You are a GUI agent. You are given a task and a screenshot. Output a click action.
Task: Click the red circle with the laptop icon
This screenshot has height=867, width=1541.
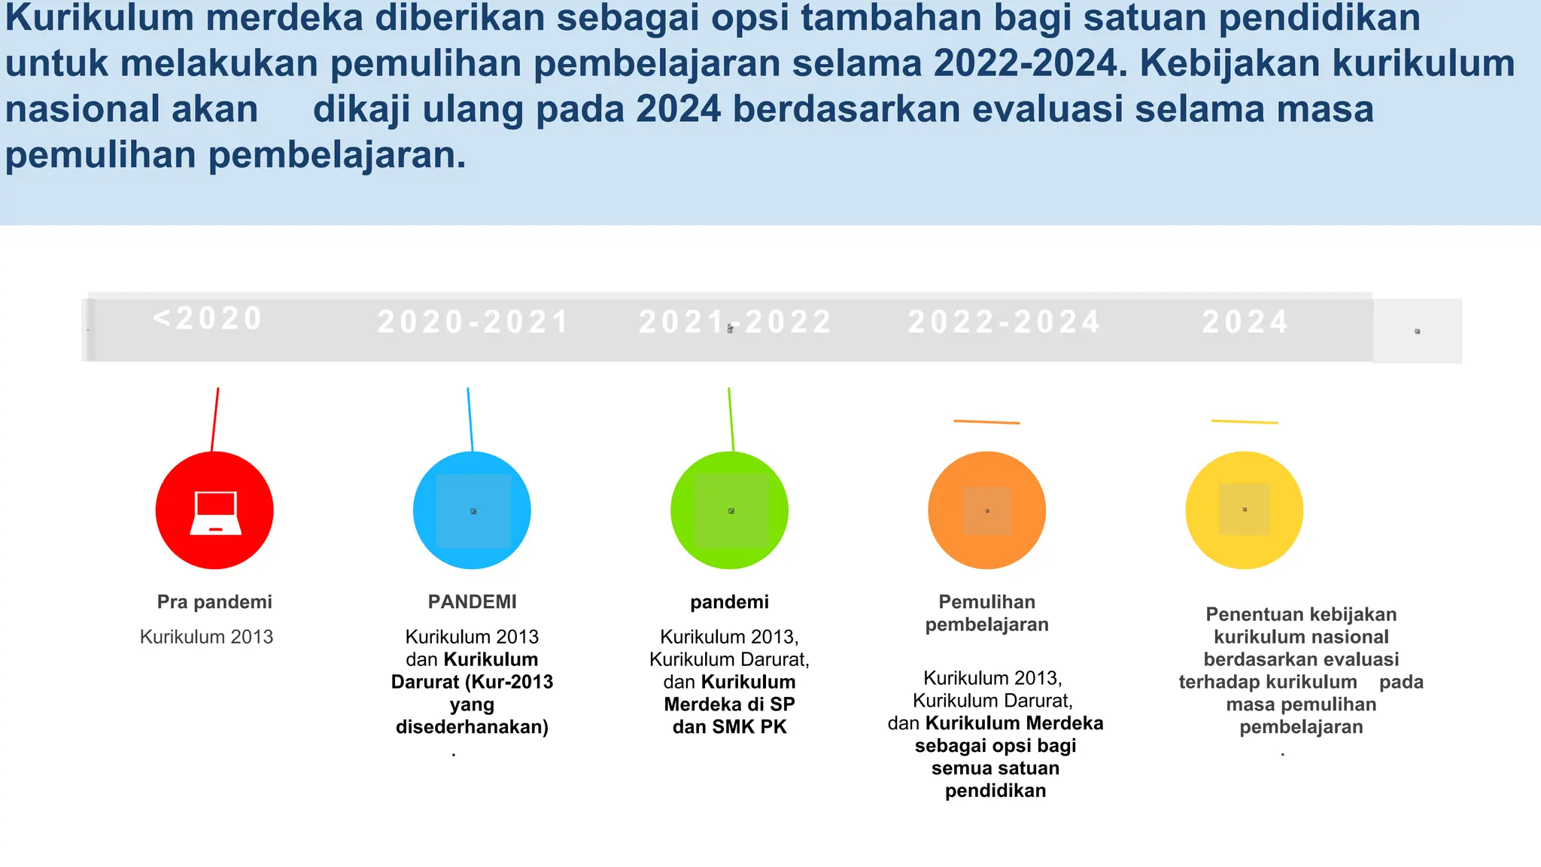[214, 510]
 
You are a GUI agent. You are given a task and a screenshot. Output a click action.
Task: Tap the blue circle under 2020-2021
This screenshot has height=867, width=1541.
[472, 510]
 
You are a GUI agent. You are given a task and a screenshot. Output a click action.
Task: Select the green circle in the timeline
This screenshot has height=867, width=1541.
[729, 510]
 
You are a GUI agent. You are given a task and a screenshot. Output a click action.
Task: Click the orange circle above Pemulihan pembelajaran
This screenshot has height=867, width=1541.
[986, 510]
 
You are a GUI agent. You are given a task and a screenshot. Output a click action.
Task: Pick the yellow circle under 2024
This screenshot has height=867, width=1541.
[1244, 510]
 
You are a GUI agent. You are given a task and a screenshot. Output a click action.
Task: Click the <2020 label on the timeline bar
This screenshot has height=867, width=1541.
[208, 318]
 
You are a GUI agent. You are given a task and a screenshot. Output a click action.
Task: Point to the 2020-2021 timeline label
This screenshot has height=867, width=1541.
[473, 322]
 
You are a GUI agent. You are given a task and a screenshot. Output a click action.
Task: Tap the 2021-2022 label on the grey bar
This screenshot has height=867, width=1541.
[735, 322]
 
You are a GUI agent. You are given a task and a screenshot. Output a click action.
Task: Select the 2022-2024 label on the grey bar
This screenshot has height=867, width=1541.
[1005, 322]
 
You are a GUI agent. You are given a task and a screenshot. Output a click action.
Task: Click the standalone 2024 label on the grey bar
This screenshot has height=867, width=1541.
[1245, 322]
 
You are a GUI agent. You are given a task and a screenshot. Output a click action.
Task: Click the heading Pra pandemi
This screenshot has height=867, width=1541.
[214, 602]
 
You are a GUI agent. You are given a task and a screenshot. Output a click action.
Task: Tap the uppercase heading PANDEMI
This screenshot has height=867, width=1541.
[472, 602]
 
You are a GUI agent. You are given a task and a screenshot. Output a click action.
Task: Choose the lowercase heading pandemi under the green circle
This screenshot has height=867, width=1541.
[729, 602]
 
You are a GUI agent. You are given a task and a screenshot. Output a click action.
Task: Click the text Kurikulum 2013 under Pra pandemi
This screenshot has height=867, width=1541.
[206, 637]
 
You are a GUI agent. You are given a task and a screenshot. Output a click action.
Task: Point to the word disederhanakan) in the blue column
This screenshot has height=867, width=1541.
[472, 727]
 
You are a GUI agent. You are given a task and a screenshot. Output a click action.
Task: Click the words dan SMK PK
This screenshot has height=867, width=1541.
[729, 727]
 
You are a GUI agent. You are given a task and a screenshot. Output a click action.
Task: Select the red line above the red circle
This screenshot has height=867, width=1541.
[215, 419]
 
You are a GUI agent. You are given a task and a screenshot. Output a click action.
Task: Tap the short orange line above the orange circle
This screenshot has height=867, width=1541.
[986, 422]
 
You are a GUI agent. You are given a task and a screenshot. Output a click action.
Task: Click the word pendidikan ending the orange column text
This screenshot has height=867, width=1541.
[995, 791]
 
